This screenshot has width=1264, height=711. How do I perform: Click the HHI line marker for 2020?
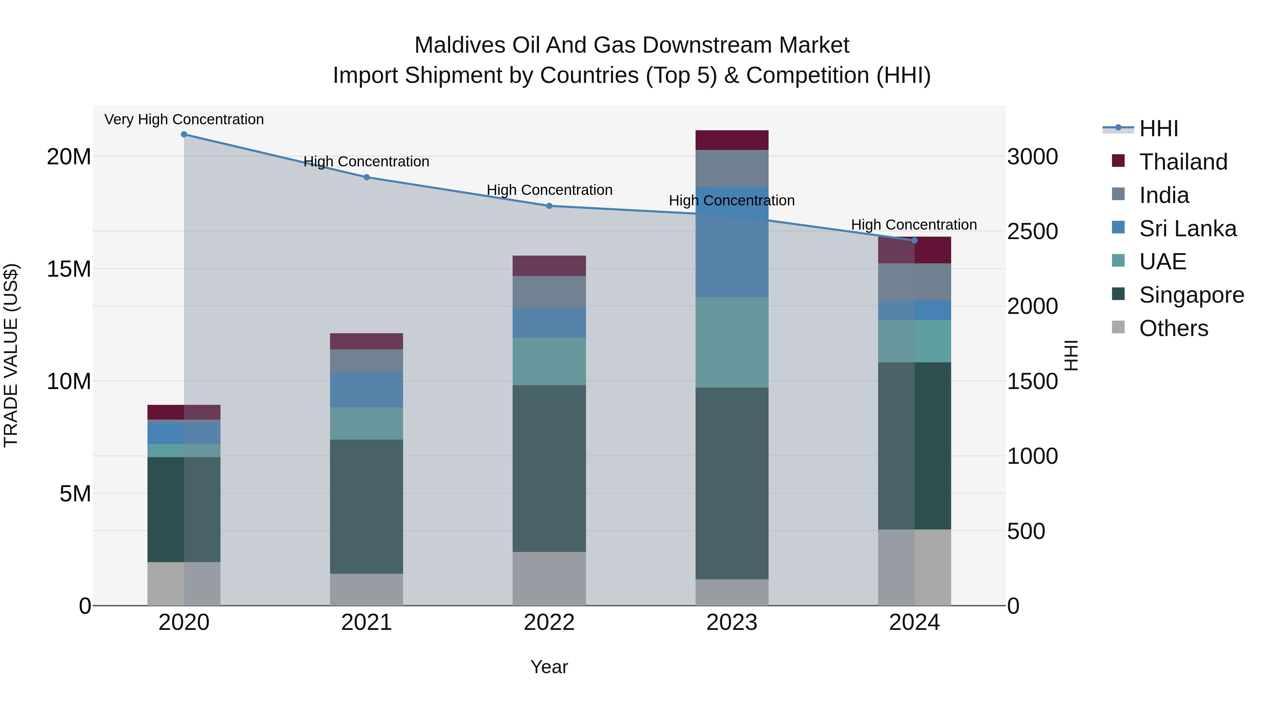click(184, 134)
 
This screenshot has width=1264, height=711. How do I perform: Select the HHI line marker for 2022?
click(549, 206)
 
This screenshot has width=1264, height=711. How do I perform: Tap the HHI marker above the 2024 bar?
click(914, 241)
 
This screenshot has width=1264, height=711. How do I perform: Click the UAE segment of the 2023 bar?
click(732, 342)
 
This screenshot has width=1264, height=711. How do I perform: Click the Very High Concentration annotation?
click(184, 119)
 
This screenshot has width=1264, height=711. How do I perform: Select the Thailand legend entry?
click(1183, 162)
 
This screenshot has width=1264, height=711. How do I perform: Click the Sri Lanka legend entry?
click(1187, 228)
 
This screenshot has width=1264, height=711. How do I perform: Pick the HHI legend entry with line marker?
click(1158, 128)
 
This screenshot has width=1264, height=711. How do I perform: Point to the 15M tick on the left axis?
click(69, 269)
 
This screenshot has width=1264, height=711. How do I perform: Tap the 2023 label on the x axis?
click(732, 622)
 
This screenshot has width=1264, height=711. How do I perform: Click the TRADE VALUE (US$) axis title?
click(11, 355)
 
